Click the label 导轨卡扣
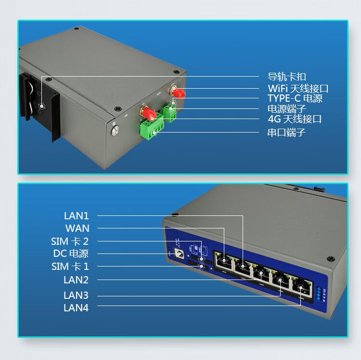[x=287, y=77]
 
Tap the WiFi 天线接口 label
[x=298, y=89]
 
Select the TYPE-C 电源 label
[x=295, y=98]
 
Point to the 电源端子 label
[x=287, y=109]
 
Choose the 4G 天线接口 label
[x=295, y=119]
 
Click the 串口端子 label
[x=287, y=132]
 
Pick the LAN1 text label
[x=77, y=216]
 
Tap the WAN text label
[x=77, y=228]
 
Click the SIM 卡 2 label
[x=70, y=241]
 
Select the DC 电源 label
[x=71, y=253]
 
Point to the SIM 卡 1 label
[x=70, y=267]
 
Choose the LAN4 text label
[x=76, y=307]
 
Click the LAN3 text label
[x=76, y=295]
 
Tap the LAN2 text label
[x=76, y=280]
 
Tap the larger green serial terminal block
[x=152, y=129]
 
